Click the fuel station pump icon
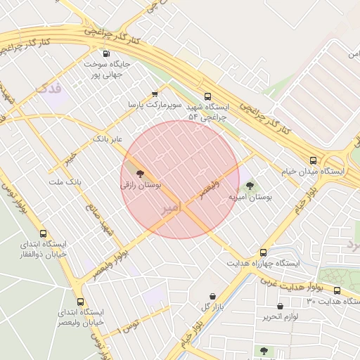(x=106, y=53)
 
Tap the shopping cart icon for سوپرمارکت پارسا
(x=155, y=94)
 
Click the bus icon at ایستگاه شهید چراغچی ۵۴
(x=207, y=97)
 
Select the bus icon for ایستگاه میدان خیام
(x=313, y=160)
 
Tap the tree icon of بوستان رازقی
(x=139, y=173)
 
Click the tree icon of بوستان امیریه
(x=250, y=186)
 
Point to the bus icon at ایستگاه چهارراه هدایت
(x=263, y=252)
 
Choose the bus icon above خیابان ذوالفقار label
(x=44, y=234)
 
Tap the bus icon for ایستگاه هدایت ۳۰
(x=337, y=290)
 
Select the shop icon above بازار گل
(x=213, y=296)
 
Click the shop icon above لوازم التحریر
(x=281, y=307)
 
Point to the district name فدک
(x=47, y=89)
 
